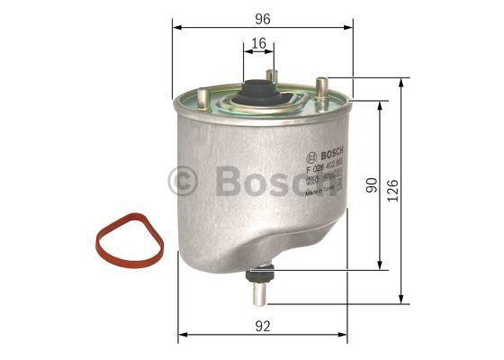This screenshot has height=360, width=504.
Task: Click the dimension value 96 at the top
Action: coord(262,16)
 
